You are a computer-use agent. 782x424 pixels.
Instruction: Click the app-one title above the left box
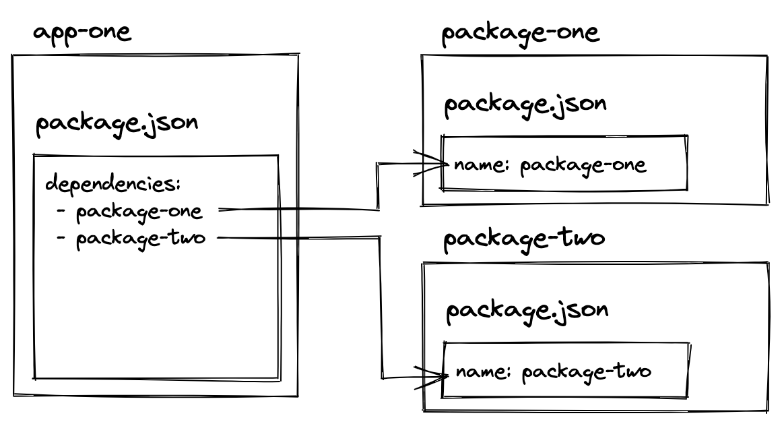82,34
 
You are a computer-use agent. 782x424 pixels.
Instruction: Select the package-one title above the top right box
520,34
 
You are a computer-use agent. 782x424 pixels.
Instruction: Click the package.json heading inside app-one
116,125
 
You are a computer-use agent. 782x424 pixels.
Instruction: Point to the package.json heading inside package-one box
525,105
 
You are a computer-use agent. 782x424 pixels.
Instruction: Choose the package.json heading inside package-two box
527,311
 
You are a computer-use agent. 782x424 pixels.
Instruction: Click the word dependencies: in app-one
112,185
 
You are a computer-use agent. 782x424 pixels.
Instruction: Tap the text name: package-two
553,371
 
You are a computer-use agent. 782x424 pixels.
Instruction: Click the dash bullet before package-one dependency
62,211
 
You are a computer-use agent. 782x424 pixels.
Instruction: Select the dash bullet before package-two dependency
62,239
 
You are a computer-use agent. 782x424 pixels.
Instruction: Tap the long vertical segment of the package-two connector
382,307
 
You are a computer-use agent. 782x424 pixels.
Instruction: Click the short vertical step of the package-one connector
377,186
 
